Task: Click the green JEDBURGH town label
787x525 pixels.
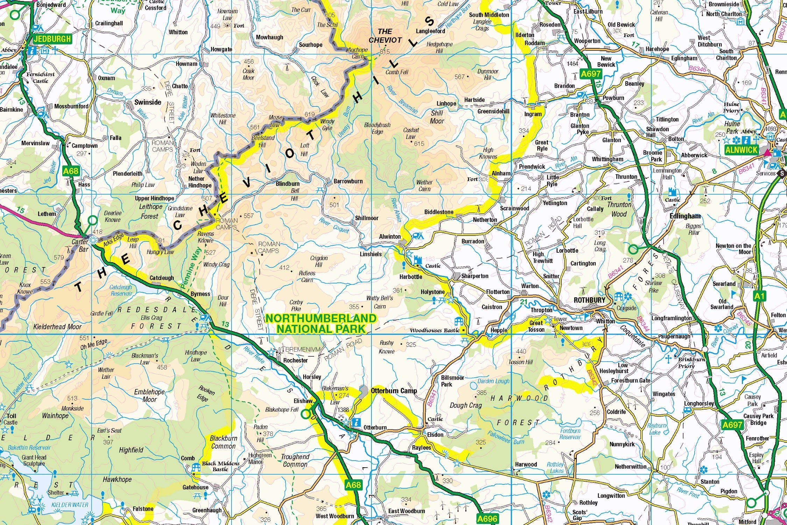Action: (x=52, y=39)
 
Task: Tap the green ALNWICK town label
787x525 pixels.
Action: (x=741, y=150)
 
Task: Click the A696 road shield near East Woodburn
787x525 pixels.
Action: (x=487, y=519)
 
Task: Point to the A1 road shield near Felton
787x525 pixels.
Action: (x=759, y=296)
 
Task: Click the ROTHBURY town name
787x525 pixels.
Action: (x=589, y=300)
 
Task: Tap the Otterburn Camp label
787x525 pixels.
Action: (x=394, y=391)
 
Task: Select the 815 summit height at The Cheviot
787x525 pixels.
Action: (x=384, y=52)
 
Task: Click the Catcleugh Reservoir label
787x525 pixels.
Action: (x=121, y=290)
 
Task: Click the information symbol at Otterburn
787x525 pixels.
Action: (x=356, y=422)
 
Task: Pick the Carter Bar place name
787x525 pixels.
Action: (x=80, y=245)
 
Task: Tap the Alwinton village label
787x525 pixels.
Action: (x=390, y=237)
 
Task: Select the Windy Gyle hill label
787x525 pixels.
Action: (x=328, y=125)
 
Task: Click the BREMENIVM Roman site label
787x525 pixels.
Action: (x=303, y=349)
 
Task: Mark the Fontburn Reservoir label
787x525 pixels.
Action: (x=570, y=434)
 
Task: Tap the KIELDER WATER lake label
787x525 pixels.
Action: (x=70, y=505)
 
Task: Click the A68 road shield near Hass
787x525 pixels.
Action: (x=71, y=171)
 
